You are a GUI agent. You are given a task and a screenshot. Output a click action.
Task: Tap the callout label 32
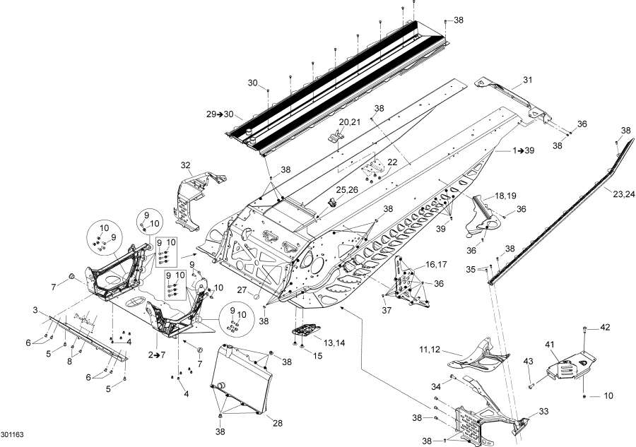[x=186, y=165]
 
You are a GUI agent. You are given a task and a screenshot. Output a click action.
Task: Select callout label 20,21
[x=349, y=122]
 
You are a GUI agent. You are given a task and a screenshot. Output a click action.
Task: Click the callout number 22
[x=392, y=162]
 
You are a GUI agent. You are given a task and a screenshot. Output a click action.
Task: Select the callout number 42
[x=605, y=327]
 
